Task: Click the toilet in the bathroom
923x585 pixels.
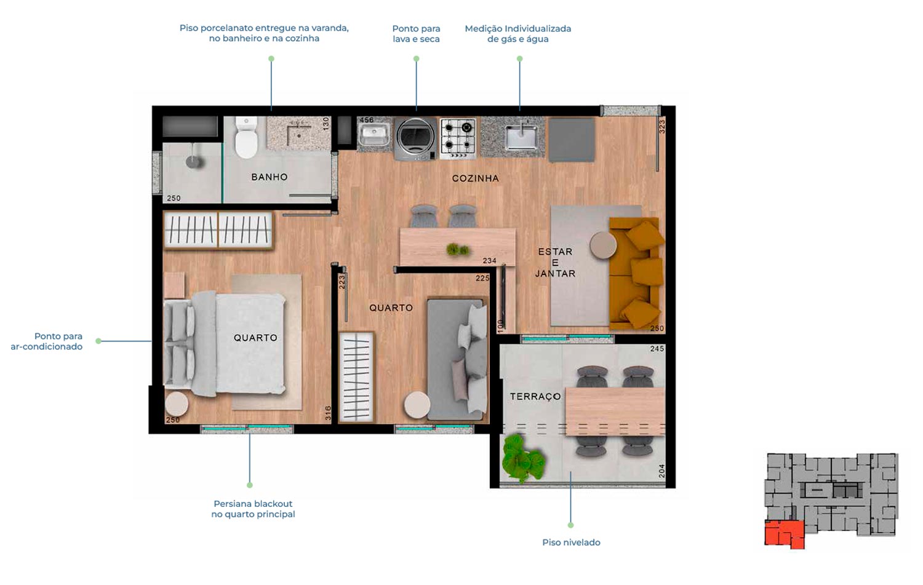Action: [x=246, y=137]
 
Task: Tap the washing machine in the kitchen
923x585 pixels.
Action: [x=415, y=138]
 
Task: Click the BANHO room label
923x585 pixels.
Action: [x=270, y=177]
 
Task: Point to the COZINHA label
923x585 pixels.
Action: [x=476, y=178]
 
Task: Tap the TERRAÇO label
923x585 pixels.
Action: [x=535, y=396]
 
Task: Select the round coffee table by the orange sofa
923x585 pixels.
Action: [x=603, y=245]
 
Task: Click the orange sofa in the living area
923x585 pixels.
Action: [x=636, y=273]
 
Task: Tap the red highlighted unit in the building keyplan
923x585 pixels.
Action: [x=784, y=534]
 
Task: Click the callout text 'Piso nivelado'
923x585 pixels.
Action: [x=571, y=543]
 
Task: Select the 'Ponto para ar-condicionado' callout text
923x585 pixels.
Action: [x=47, y=341]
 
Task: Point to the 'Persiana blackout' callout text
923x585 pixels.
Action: [x=253, y=504]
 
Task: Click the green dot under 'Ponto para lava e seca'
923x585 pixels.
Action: [x=416, y=59]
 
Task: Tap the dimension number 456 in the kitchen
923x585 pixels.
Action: [x=367, y=120]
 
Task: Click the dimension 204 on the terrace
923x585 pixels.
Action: [x=661, y=471]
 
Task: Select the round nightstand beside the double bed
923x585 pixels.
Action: [x=177, y=404]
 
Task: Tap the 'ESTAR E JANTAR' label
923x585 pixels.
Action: [x=555, y=263]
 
